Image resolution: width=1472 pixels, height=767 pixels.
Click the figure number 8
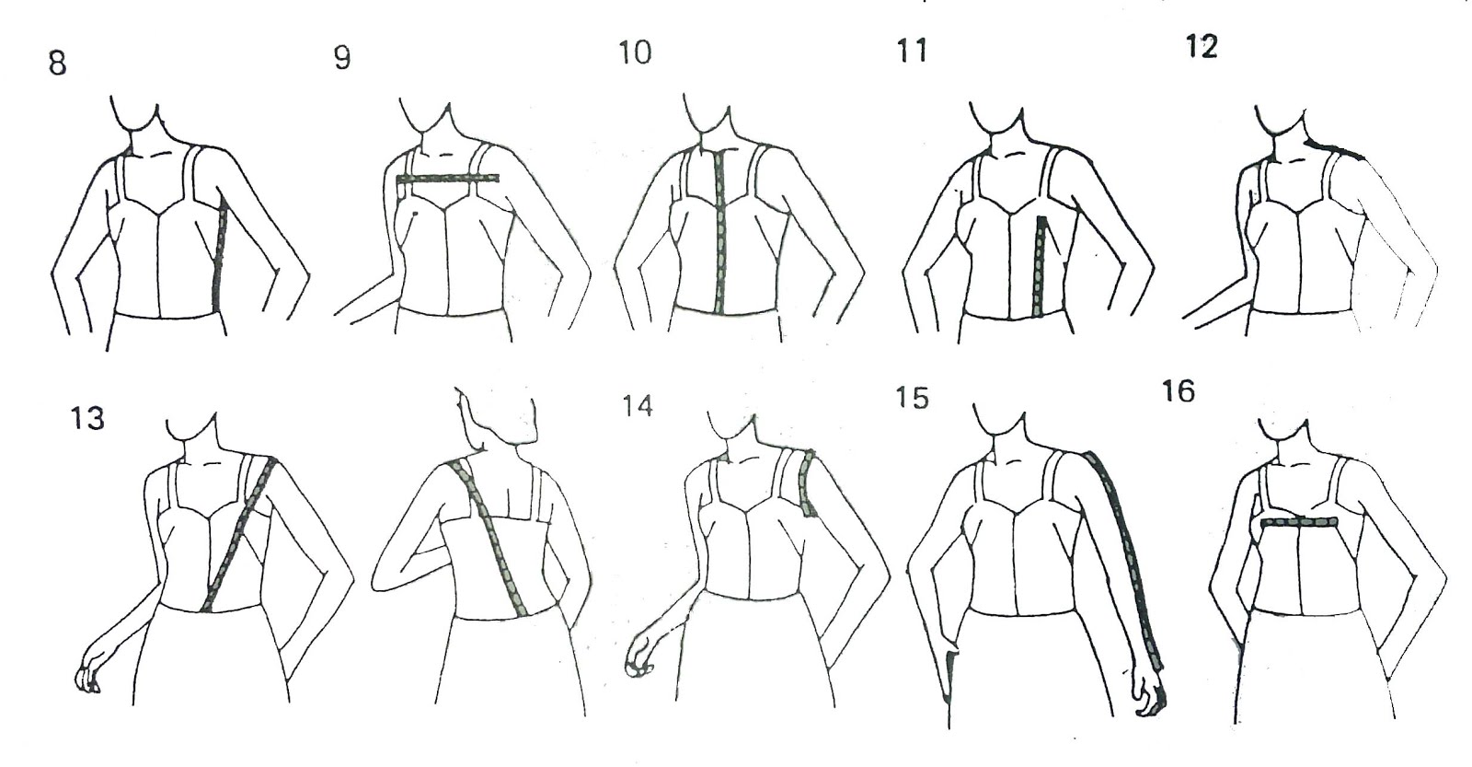(x=58, y=64)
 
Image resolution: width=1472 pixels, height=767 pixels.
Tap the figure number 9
(x=342, y=58)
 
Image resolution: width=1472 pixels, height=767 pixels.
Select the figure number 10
(x=635, y=52)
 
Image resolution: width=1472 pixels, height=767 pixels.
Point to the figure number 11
(x=912, y=51)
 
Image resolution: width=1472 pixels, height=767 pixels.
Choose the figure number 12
(x=1202, y=47)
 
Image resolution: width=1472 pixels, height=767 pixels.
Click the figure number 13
(x=87, y=419)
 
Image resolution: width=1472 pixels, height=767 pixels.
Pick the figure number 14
(x=637, y=406)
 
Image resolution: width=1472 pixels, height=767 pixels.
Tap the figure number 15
(x=912, y=398)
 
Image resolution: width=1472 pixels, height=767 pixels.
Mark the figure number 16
(x=1179, y=391)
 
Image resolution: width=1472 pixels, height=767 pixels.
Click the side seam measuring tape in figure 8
(x=220, y=257)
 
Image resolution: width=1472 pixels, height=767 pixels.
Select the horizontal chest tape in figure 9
(x=449, y=179)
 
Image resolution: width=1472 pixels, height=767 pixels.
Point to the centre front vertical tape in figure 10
(x=719, y=231)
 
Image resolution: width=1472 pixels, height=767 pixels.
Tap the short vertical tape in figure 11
(x=1039, y=266)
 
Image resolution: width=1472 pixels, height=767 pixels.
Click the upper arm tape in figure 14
(x=808, y=482)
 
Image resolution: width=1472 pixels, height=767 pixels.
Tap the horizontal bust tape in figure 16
(x=1299, y=522)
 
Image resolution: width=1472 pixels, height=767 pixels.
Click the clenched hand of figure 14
(x=637, y=660)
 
